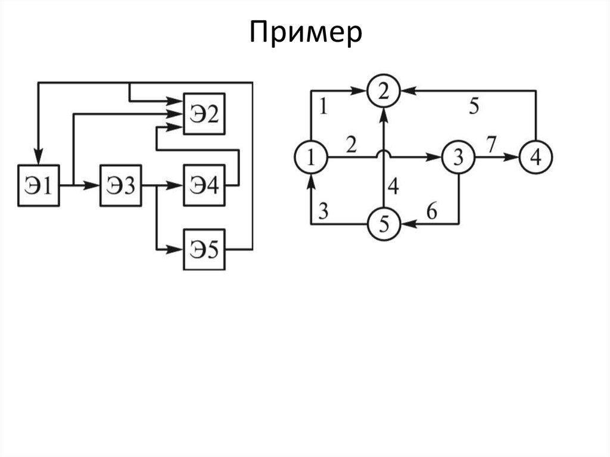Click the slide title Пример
pos(306,34)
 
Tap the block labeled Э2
pos(204,114)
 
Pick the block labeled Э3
pos(121,185)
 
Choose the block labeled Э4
pos(204,185)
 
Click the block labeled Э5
pos(204,249)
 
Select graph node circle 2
pos(384,91)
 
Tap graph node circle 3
pos(458,157)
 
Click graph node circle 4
pos(536,157)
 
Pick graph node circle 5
pos(384,224)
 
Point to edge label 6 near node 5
pos(431,210)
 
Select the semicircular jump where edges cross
pos(384,154)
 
